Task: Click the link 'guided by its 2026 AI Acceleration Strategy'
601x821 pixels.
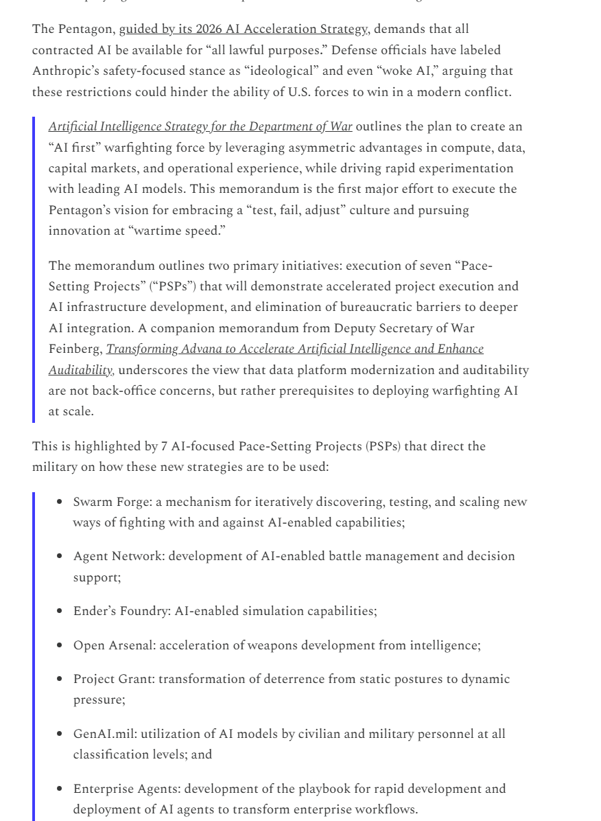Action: (244, 30)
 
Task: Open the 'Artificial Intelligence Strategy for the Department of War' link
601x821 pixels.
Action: (200, 126)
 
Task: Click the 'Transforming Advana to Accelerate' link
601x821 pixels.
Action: (295, 349)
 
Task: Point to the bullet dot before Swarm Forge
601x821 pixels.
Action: (62, 502)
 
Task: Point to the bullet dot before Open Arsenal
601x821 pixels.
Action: (62, 645)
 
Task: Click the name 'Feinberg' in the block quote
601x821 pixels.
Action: (75, 349)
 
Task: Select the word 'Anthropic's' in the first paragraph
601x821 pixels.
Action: (67, 71)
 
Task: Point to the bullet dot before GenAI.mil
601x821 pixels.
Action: (62, 734)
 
